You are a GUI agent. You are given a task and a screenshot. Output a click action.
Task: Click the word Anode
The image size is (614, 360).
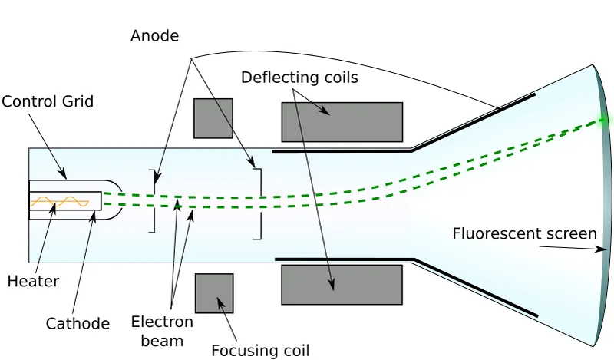154,35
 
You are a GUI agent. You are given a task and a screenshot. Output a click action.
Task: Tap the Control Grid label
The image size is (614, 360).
48,101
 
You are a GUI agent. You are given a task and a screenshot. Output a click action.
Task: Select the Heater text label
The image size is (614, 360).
33,282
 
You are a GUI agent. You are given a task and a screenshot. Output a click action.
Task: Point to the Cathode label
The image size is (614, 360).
78,323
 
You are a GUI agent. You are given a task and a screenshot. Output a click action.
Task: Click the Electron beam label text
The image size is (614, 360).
162,330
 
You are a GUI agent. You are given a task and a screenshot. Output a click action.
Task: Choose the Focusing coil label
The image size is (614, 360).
261,351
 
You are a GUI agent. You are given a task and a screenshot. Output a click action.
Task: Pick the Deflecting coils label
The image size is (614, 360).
299,78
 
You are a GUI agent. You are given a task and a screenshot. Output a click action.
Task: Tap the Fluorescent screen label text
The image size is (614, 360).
524,233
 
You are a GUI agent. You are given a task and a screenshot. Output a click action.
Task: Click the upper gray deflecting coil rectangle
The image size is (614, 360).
342,122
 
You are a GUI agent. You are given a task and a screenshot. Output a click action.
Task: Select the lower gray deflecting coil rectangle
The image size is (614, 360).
342,285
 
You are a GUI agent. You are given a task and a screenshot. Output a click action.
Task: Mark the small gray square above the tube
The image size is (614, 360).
213,118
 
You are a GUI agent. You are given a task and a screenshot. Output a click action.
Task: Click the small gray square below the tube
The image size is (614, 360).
214,293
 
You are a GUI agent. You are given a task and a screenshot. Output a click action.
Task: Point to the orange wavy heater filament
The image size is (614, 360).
60,203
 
